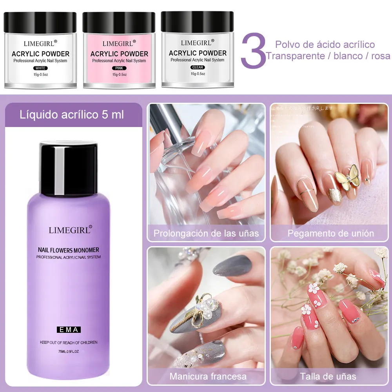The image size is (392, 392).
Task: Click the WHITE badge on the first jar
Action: (40, 68)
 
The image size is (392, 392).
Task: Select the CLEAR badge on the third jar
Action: (198, 67)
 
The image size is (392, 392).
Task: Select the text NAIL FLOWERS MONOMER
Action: (69, 250)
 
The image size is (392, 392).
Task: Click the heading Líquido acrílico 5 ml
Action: (72, 114)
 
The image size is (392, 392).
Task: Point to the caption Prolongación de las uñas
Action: (206, 233)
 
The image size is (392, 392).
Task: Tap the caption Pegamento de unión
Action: (330, 233)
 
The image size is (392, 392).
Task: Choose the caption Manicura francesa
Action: (208, 376)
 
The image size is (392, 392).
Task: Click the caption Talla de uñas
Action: (328, 376)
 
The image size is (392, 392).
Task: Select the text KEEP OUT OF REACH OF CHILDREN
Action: (69, 342)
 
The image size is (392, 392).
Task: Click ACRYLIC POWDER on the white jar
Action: (40, 54)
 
